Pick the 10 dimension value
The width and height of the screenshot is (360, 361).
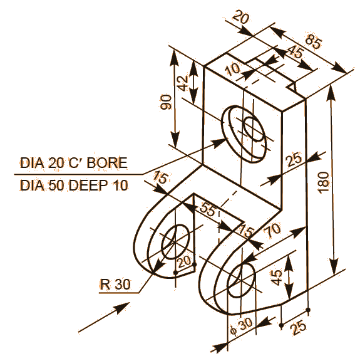point(234,70)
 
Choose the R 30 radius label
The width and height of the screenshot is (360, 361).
point(115,285)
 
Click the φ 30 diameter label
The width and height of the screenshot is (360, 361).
point(240,327)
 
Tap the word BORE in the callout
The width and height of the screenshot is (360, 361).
point(108,164)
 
